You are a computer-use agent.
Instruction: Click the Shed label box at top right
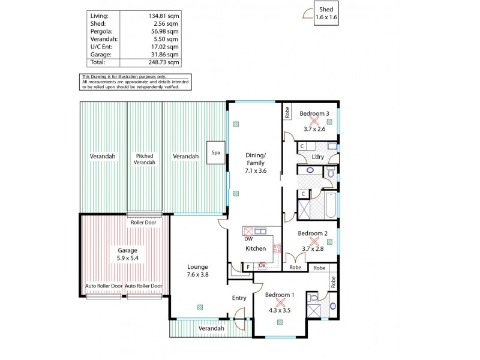(x=326, y=14)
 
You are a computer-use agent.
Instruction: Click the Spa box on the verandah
(x=215, y=152)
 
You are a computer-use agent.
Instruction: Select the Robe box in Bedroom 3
(x=287, y=112)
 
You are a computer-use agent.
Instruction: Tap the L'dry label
(x=318, y=157)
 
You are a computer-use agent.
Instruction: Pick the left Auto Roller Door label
(x=104, y=286)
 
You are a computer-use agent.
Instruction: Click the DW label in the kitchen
(x=248, y=239)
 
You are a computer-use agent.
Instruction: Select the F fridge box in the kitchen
(x=248, y=266)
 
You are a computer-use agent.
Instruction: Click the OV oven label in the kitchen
(x=262, y=266)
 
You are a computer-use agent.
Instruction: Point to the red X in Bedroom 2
(x=313, y=241)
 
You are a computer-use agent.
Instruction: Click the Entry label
(x=239, y=298)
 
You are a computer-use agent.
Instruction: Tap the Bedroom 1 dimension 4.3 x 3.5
(x=280, y=310)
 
